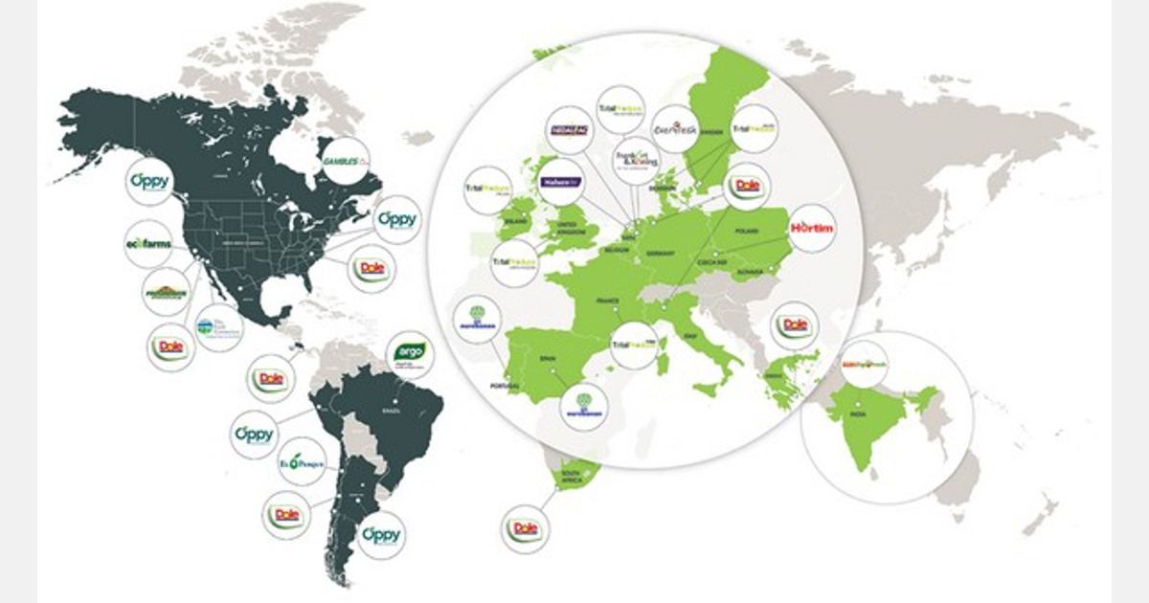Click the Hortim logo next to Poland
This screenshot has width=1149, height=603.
click(813, 228)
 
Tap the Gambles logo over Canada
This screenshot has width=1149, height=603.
click(346, 161)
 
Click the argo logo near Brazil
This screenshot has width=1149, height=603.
click(409, 355)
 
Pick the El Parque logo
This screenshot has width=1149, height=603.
click(302, 464)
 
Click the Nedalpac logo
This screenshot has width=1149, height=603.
click(567, 130)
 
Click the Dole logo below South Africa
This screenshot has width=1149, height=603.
click(526, 529)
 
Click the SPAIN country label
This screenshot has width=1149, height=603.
click(548, 359)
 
